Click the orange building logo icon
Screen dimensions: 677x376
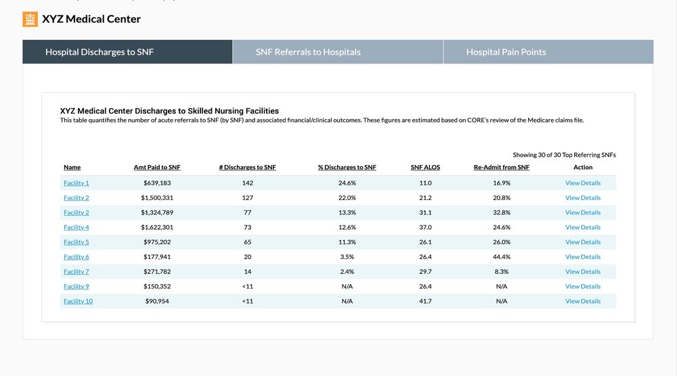coord(30,19)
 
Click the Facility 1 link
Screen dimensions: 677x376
coord(77,183)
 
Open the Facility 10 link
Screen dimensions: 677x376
coord(78,301)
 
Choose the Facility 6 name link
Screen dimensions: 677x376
coord(77,256)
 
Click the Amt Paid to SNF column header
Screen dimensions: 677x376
coord(157,167)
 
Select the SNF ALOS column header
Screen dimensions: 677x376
coord(425,167)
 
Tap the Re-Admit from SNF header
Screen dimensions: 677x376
coord(501,167)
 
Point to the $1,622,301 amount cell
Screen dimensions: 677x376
coord(157,227)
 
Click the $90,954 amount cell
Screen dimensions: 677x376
coord(157,301)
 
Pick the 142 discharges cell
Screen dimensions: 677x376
coord(247,183)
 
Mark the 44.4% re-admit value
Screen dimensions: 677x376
coord(502,256)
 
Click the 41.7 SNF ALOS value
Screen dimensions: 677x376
coord(425,301)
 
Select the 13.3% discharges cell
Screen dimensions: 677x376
coord(347,212)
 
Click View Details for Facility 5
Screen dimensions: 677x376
coord(583,242)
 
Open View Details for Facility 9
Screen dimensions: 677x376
coord(583,286)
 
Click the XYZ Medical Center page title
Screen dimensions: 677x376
coord(91,19)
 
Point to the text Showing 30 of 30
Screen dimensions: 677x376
coord(537,155)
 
